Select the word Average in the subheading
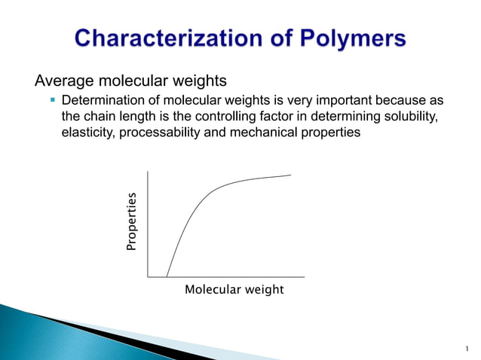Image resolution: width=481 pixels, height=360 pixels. pyautogui.click(x=58, y=81)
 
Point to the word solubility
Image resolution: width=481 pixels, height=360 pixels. pyautogui.click(x=408, y=117)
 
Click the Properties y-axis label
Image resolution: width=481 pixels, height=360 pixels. pyautogui.click(x=132, y=222)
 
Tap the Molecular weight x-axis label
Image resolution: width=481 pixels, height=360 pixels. pyautogui.click(x=234, y=290)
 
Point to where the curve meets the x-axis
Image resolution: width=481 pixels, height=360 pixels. pyautogui.click(x=167, y=276)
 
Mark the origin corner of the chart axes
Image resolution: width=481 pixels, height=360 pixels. pyautogui.click(x=149, y=276)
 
